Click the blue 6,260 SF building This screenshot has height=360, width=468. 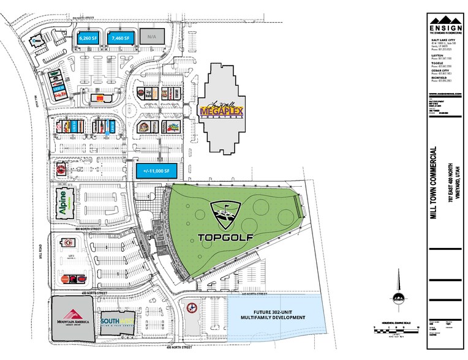click(88, 38)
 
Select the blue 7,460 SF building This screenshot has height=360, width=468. click(120, 38)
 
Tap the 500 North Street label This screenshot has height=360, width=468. click(91, 230)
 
